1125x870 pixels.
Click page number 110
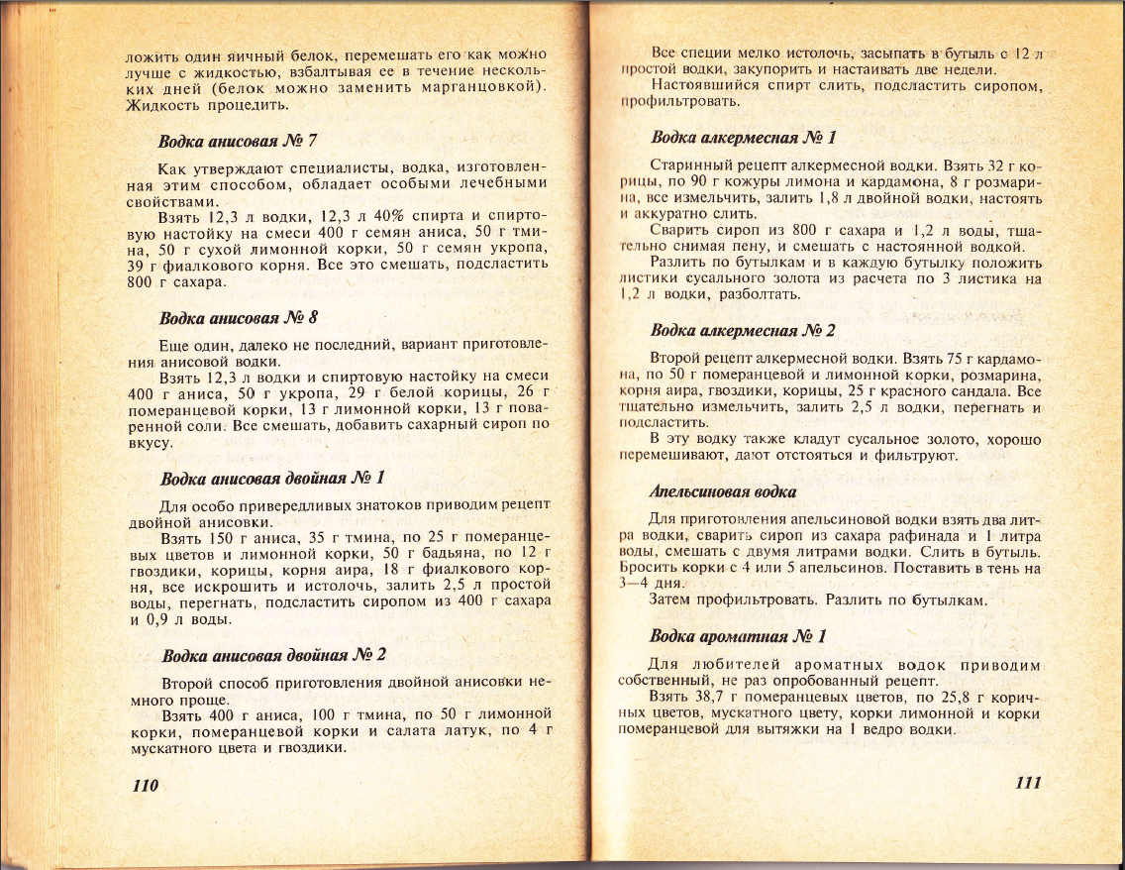pyautogui.click(x=146, y=785)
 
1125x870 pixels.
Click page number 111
pyautogui.click(x=1028, y=782)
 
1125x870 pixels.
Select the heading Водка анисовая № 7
pyautogui.click(x=238, y=140)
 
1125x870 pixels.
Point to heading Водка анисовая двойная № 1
pyautogui.click(x=272, y=479)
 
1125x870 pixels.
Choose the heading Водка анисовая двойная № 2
pyautogui.click(x=273, y=655)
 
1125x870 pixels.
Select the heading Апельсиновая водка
pyautogui.click(x=723, y=491)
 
